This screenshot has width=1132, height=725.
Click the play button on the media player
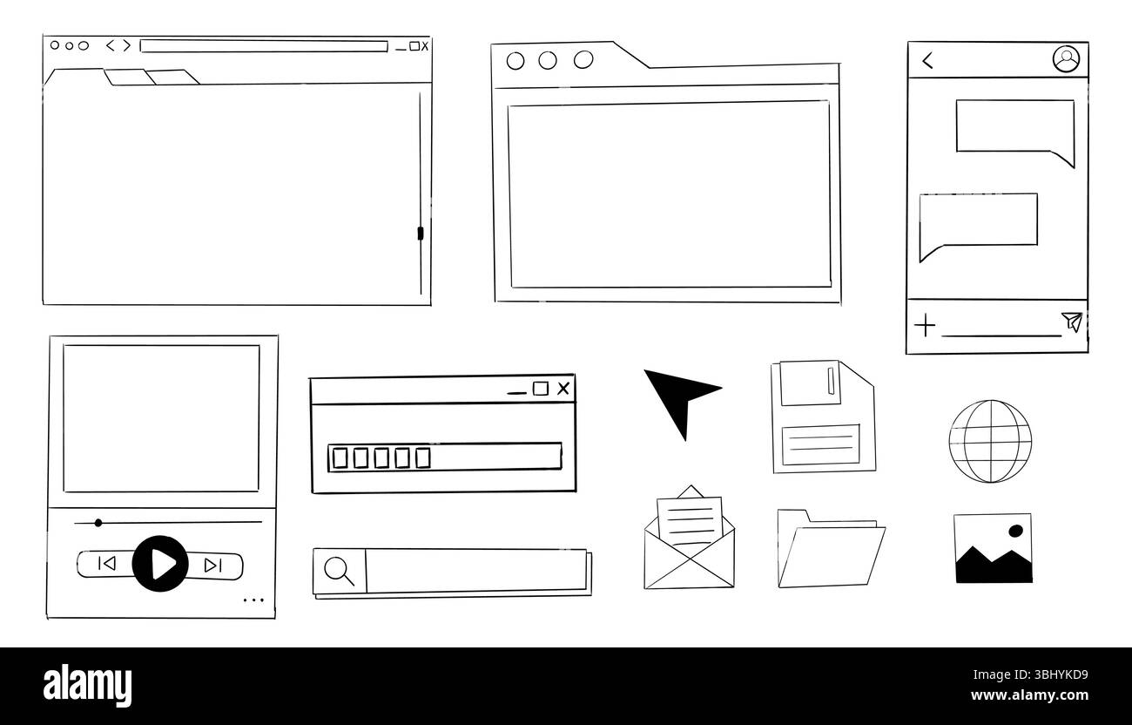point(160,564)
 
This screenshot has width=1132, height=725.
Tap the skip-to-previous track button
point(107,565)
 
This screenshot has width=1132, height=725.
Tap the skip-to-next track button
point(212,566)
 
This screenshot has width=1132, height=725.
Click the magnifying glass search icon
point(339,571)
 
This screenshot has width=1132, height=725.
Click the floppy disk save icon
point(821,417)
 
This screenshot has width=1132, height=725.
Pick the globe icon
point(989,441)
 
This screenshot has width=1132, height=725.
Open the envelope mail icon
point(689,540)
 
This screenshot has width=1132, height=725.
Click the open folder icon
point(830,549)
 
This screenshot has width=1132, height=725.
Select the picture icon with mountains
point(993,548)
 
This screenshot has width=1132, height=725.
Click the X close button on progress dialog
point(563,389)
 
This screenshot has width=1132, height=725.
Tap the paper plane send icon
point(1073,322)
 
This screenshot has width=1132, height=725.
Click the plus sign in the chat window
point(924,326)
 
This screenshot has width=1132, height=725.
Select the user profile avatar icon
point(1066,59)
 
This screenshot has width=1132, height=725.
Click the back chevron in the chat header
point(927,60)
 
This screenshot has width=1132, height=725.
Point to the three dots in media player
point(253,600)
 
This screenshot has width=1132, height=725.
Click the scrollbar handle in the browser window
point(421,234)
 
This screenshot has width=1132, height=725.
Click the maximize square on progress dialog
point(540,389)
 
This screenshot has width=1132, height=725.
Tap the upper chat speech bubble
point(1014,129)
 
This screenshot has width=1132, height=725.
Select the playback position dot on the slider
point(98,523)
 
